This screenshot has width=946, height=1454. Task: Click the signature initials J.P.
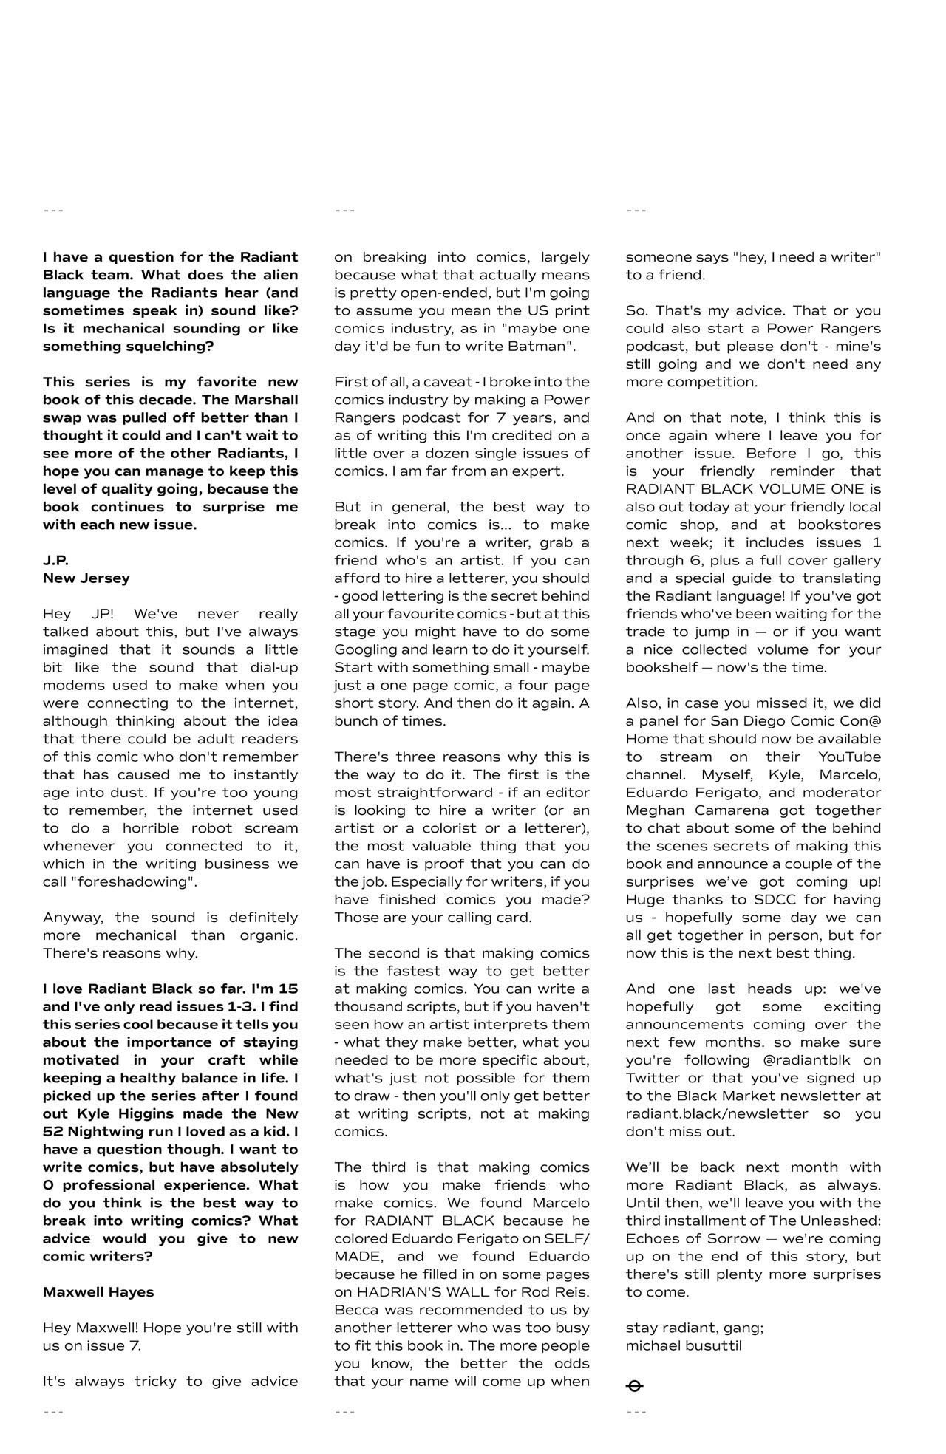tap(55, 560)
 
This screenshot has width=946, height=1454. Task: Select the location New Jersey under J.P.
tap(86, 578)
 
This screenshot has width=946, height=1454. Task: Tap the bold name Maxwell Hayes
tap(98, 1291)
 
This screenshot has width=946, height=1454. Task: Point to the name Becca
tap(355, 1309)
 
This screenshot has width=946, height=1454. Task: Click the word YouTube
tap(849, 757)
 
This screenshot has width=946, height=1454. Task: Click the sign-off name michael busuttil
tap(684, 1345)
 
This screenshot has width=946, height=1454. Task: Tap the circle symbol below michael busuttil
tap(634, 1385)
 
